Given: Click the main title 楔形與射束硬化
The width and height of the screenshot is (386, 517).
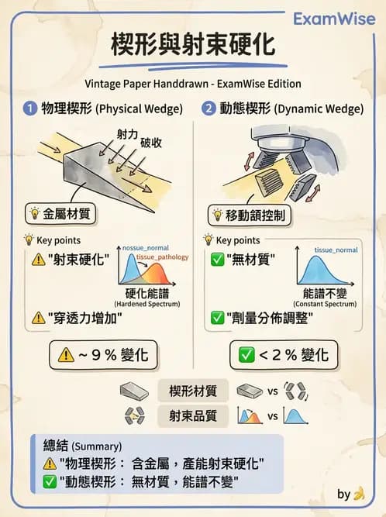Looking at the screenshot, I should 193,44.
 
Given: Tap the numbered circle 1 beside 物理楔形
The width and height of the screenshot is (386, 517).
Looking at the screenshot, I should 29,109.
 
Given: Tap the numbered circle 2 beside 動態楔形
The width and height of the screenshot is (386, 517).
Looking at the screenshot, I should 208,109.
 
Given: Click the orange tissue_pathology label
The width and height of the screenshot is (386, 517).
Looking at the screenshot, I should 162,256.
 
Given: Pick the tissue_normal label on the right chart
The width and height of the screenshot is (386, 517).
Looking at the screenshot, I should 336,250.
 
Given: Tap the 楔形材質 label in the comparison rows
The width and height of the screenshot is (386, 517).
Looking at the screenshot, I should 192,391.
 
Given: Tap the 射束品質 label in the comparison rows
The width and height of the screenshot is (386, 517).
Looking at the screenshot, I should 192,416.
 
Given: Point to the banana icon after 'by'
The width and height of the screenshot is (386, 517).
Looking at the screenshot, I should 358,493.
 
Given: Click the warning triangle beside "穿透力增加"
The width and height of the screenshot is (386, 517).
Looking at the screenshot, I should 38,317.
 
